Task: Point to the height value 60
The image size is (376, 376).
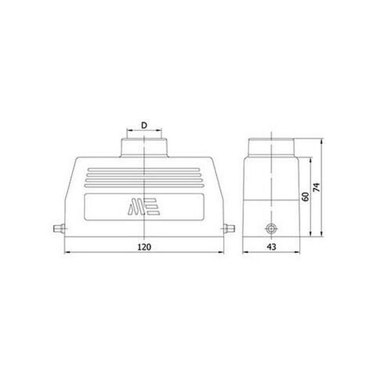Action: (x=306, y=196)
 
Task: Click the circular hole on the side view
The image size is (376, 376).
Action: (x=272, y=230)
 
